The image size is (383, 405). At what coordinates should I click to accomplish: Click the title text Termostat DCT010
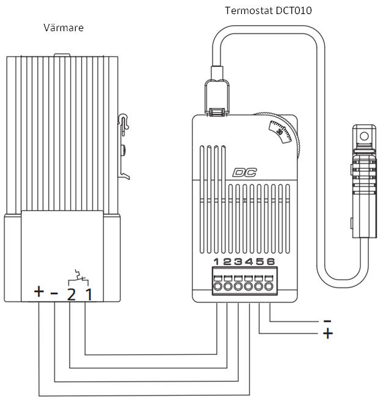[x=263, y=10]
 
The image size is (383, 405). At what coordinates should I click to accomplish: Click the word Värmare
[x=64, y=28]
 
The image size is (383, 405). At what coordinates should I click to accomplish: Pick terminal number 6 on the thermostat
[x=270, y=262]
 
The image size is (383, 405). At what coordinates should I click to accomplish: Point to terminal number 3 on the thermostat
[x=238, y=262]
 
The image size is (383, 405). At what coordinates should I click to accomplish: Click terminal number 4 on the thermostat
[x=249, y=262]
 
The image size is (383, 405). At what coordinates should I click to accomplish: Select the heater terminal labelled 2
[x=71, y=294]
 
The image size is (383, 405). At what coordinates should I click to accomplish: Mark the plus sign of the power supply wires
[x=327, y=334]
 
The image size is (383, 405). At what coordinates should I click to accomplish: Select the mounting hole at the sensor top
[x=365, y=132]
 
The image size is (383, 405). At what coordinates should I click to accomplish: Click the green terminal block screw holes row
[x=243, y=286]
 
